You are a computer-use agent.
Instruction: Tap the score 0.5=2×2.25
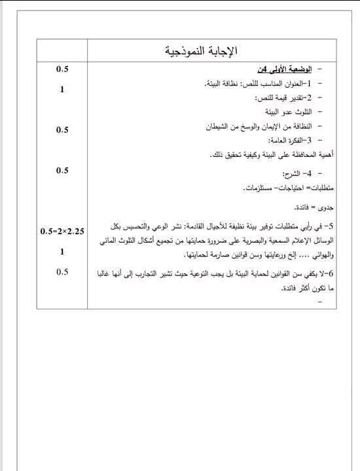coord(62,231)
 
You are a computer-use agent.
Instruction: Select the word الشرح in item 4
coord(290,175)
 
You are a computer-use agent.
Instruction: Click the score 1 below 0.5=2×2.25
coord(62,251)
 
